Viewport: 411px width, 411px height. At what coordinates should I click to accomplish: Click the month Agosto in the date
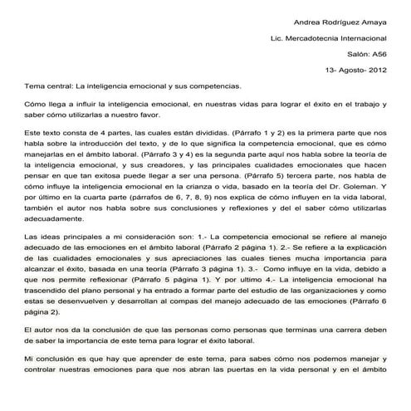349,70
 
